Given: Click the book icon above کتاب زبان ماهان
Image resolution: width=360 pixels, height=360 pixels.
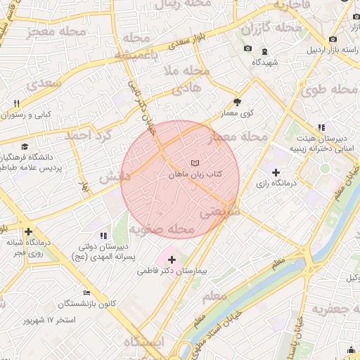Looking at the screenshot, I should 195,163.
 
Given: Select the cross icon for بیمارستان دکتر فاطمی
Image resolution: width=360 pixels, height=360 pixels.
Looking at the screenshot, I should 172,260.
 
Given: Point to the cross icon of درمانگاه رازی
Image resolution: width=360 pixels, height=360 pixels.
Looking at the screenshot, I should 276,172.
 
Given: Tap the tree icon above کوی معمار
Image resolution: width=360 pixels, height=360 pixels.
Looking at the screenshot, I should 236,102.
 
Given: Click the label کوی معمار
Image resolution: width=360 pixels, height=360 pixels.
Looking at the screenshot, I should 237,112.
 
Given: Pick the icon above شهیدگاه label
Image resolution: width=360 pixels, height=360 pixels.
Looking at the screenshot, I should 264,51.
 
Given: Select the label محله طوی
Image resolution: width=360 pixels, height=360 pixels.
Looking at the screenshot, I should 330,90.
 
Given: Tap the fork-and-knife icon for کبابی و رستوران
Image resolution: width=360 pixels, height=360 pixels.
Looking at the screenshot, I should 16,103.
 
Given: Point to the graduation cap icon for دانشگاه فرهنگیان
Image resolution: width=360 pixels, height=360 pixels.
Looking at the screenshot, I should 25,146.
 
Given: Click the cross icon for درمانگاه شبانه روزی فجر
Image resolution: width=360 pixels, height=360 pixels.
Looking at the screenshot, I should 27,231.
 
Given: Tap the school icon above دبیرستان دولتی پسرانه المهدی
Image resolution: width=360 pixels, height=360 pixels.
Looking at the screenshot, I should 103,236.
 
